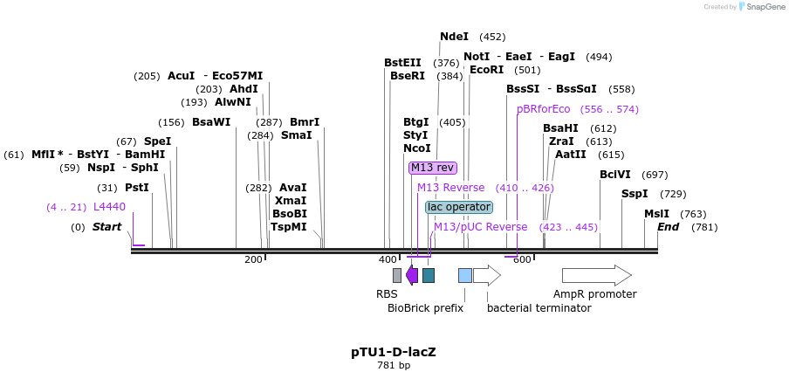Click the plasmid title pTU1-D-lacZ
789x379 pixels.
click(394, 352)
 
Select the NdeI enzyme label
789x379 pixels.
click(454, 37)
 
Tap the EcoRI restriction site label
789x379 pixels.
click(486, 70)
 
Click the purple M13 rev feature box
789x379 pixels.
click(433, 168)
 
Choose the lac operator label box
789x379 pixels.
click(459, 207)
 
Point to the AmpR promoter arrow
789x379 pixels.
click(596, 275)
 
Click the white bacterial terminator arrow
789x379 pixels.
click(487, 275)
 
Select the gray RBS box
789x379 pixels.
click(397, 275)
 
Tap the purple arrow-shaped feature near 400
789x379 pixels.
click(412, 275)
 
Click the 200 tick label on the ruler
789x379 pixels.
click(253, 259)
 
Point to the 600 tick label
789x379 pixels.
click(521, 259)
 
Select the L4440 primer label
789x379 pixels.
click(109, 207)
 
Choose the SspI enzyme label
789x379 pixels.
click(635, 194)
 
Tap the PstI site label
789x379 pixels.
click(136, 188)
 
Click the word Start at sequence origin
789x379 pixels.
click(106, 227)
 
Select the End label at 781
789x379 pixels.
click(668, 227)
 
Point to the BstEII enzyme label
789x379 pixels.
click(402, 63)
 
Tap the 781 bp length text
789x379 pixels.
click(394, 366)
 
